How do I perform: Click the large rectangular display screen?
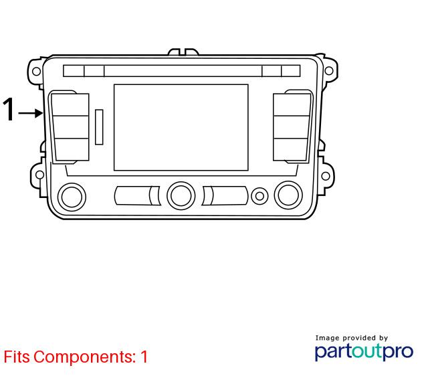pos(181,128)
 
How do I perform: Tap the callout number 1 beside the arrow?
pos(9,109)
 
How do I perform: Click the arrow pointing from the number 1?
pos(30,113)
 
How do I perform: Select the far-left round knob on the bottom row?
pos(72,197)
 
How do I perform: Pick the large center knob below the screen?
pos(181,196)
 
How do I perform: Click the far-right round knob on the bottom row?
pos(288,195)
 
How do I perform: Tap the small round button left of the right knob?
pos(259,196)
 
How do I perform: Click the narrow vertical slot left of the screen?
pos(99,127)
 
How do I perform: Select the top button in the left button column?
pos(70,105)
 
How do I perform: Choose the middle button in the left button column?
pos(71,127)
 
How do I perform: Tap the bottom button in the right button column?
pos(291,150)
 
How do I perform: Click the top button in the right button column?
pos(292,105)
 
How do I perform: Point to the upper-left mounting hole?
pos(36,72)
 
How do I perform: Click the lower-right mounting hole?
pos(326,176)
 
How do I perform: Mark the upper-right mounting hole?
pos(329,71)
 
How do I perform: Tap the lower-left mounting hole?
pos(40,175)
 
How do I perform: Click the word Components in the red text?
pos(85,357)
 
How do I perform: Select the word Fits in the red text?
pos(17,357)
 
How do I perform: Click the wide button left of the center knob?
pos(137,195)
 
